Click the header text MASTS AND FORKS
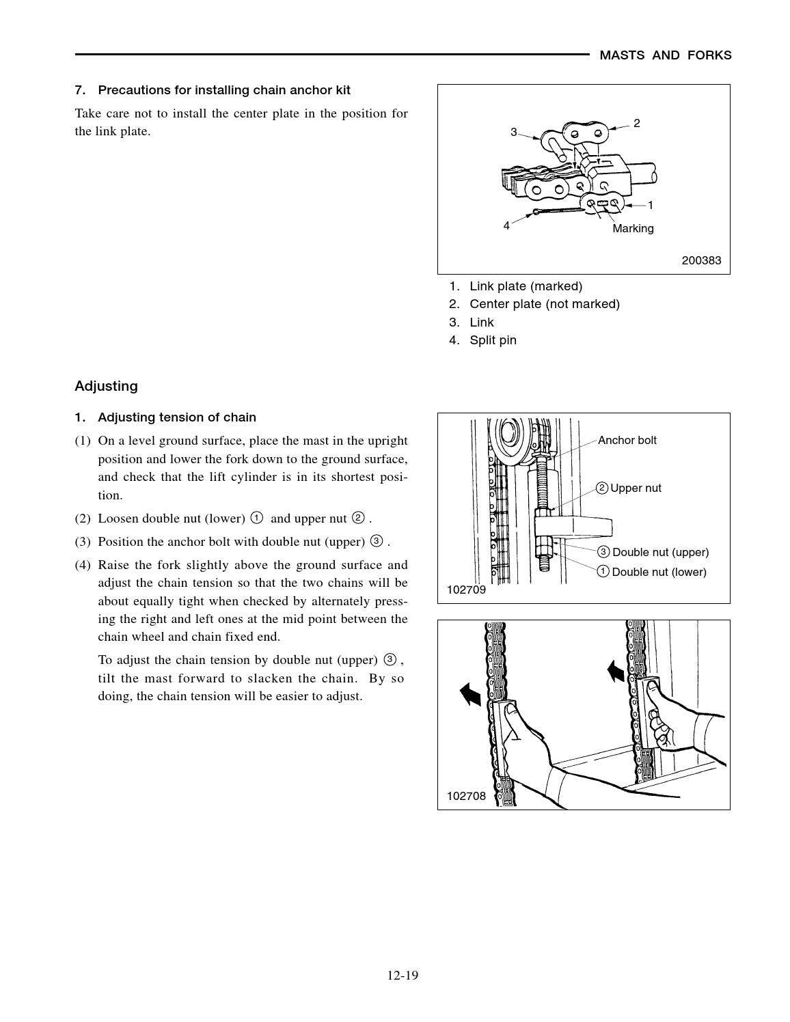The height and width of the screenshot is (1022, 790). click(x=665, y=55)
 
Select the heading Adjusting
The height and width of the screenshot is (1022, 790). click(x=106, y=386)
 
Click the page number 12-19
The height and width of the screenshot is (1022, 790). click(x=403, y=975)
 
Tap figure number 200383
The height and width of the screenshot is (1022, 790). click(x=701, y=260)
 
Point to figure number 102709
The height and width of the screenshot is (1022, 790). click(x=466, y=590)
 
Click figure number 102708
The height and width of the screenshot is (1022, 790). click(x=466, y=796)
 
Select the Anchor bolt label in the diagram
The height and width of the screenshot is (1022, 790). click(x=627, y=440)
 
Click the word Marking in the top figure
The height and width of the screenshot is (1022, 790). click(x=633, y=228)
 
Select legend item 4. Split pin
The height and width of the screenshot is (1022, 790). click(x=482, y=340)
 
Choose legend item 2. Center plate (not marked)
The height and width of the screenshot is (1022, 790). click(x=534, y=304)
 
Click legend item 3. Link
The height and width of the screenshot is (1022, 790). click(x=472, y=322)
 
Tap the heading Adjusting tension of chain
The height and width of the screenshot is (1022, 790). click(x=176, y=417)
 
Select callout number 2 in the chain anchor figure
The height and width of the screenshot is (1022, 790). click(x=636, y=124)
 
